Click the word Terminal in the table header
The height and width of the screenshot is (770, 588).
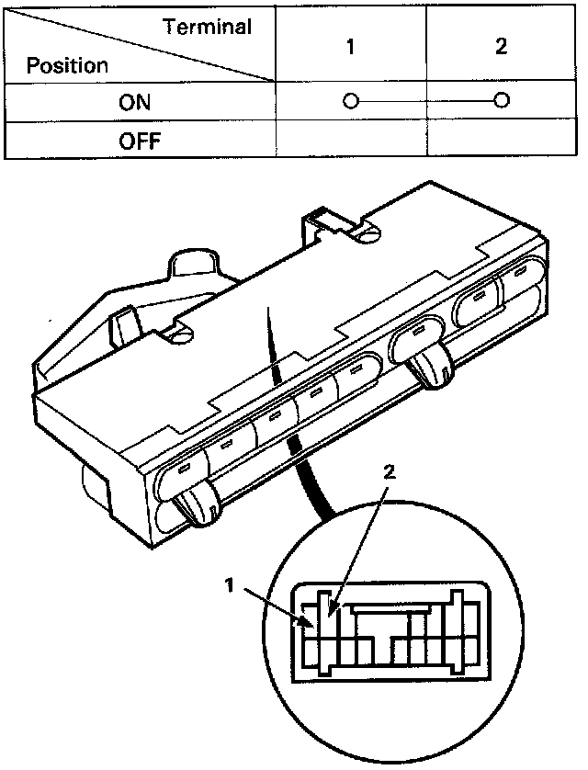pos(208,27)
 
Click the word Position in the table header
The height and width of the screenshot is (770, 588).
pos(67,66)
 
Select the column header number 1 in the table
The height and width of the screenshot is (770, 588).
pos(351,47)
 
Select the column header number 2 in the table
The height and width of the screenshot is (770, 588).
pos(501,47)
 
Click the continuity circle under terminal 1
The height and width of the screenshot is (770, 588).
pos(350,101)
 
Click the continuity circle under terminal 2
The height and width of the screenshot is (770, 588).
pos(501,101)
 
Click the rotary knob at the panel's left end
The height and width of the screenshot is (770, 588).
pos(198,506)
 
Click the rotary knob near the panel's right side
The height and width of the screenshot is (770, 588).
pos(431,369)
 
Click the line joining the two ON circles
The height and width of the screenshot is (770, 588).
pos(425,101)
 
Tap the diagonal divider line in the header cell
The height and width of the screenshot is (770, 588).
pos(138,46)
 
